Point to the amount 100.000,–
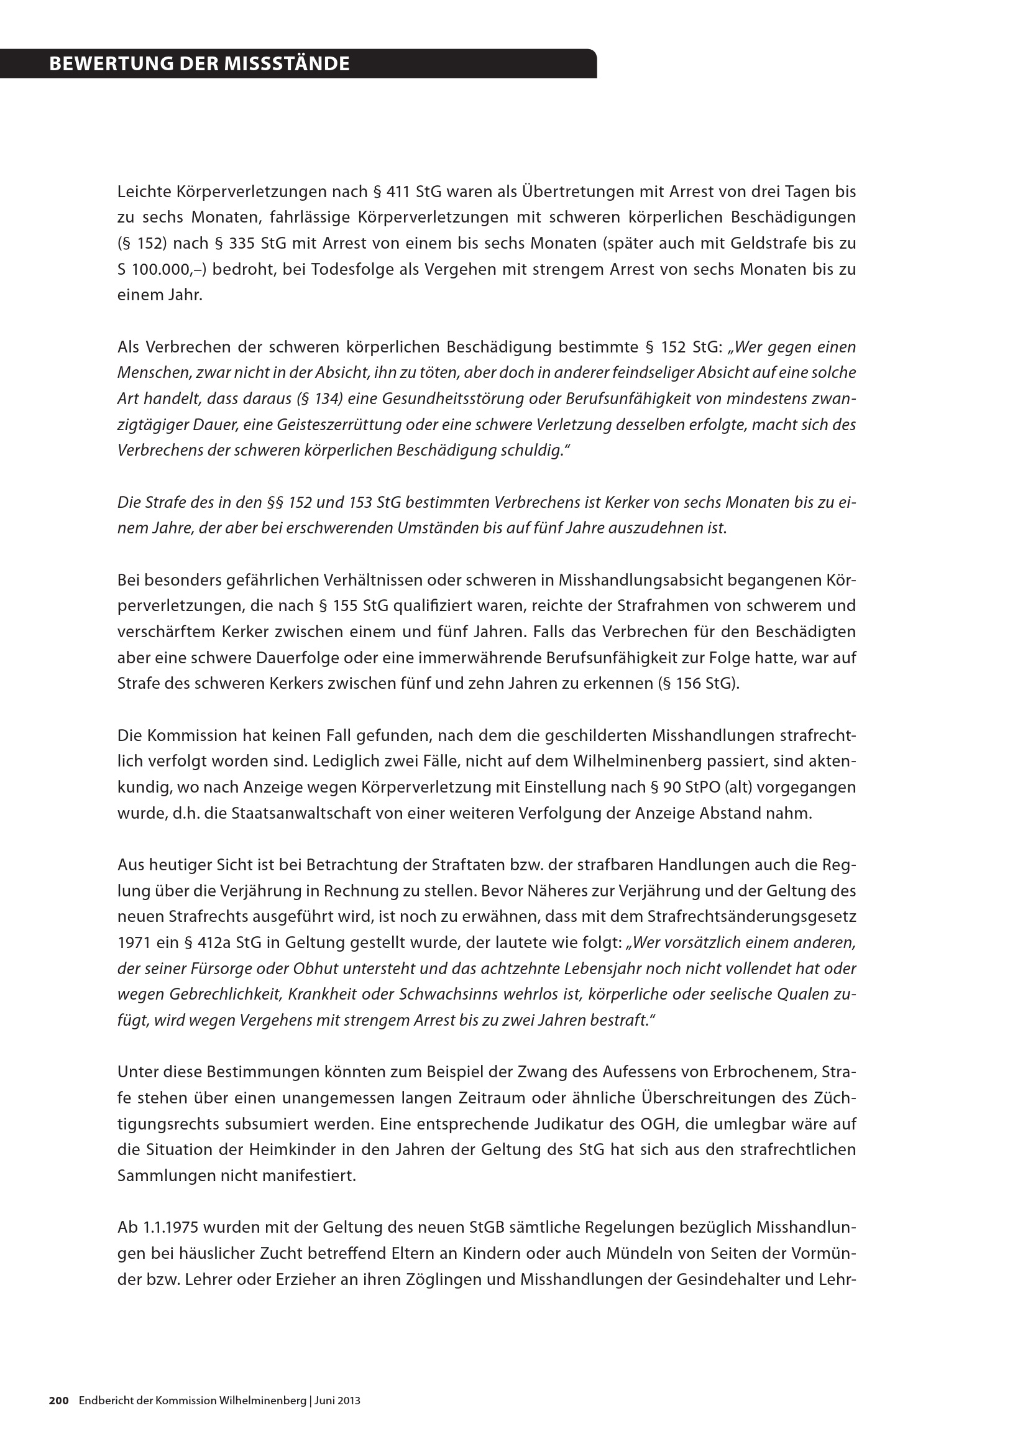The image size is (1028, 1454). coord(169,269)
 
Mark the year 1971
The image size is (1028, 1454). coord(134,943)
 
